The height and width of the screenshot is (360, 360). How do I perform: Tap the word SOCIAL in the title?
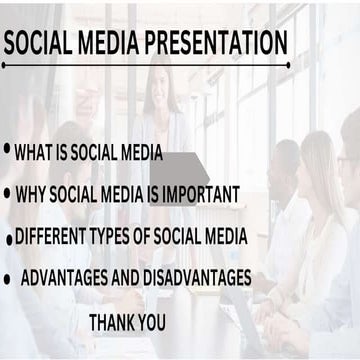39,43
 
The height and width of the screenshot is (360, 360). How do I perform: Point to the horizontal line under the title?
145,65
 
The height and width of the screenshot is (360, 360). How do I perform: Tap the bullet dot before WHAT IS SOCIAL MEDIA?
7,149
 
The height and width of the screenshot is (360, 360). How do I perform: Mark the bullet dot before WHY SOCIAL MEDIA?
7,192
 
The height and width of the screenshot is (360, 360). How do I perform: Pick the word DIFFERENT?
50,237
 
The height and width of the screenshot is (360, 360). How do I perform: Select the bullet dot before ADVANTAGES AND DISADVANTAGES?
7,275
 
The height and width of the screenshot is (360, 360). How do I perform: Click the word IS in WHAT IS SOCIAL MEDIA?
66,155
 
